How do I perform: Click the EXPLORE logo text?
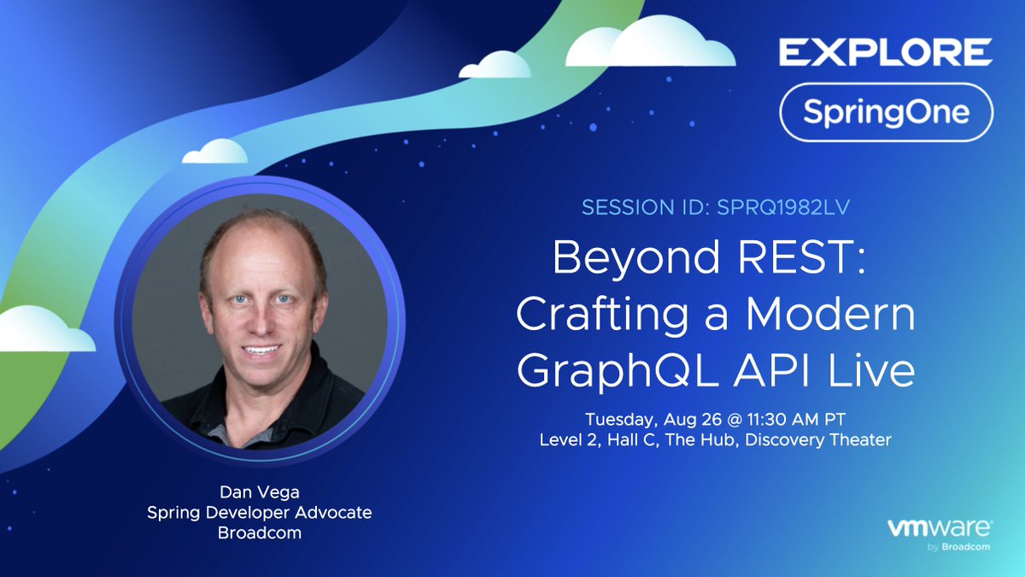[886, 52]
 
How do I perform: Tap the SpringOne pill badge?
[887, 112]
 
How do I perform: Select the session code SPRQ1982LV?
[783, 208]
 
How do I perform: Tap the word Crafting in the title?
[602, 317]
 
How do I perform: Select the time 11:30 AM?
[791, 419]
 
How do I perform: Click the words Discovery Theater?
[818, 439]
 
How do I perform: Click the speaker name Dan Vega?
[260, 492]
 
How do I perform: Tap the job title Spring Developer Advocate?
[260, 513]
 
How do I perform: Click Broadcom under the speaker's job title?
[260, 533]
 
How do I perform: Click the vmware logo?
[940, 534]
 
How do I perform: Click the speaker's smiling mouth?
[261, 350]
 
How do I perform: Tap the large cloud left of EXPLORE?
[651, 41]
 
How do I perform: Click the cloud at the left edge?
[44, 329]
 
